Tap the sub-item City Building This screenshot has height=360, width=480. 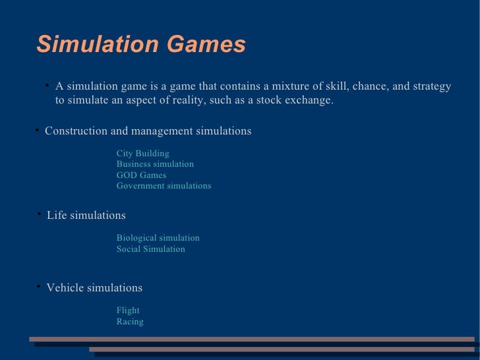pyautogui.click(x=143, y=154)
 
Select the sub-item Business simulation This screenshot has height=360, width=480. pyautogui.click(x=155, y=164)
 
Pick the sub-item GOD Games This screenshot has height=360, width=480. pyautogui.click(x=141, y=175)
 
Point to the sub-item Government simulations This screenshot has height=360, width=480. pyautogui.click(x=164, y=186)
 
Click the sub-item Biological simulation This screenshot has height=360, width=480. pyautogui.click(x=158, y=238)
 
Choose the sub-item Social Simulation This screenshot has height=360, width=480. pyautogui.click(x=150, y=249)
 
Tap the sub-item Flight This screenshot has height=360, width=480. pyautogui.click(x=128, y=311)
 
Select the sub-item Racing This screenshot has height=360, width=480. pyautogui.click(x=130, y=322)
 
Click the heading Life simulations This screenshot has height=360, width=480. pyautogui.click(x=86, y=216)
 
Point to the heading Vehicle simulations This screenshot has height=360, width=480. pyautogui.click(x=94, y=288)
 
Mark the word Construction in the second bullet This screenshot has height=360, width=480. pyautogui.click(x=76, y=131)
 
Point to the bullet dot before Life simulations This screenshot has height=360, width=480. pyautogui.click(x=40, y=214)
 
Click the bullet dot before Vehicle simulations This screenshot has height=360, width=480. pyautogui.click(x=39, y=286)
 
